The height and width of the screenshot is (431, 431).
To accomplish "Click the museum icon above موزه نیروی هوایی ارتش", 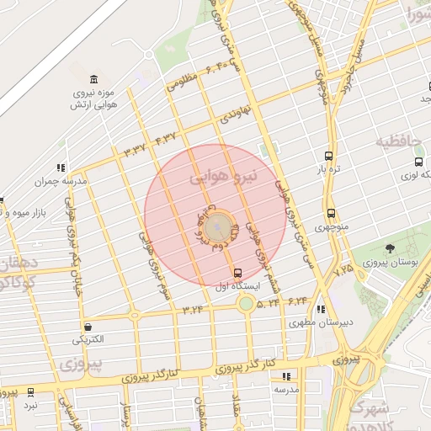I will point(93,78).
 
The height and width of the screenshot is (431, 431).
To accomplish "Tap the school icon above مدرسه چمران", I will point(61,168).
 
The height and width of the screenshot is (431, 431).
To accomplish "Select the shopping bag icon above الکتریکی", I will point(88,327).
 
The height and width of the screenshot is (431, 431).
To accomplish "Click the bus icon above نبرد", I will point(31,392).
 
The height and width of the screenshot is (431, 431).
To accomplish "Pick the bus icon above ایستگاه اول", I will point(237,273).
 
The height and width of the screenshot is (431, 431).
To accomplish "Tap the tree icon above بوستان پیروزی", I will point(390,248).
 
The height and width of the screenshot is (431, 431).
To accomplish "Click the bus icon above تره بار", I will point(327,156).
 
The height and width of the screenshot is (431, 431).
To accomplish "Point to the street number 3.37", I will point(135,150).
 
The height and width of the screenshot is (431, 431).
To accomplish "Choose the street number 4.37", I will point(165,137).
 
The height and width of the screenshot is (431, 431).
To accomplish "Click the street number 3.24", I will point(192,309).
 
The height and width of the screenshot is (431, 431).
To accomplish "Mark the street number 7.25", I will point(344,270).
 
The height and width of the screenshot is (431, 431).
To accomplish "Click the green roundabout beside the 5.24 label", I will point(246,303).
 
